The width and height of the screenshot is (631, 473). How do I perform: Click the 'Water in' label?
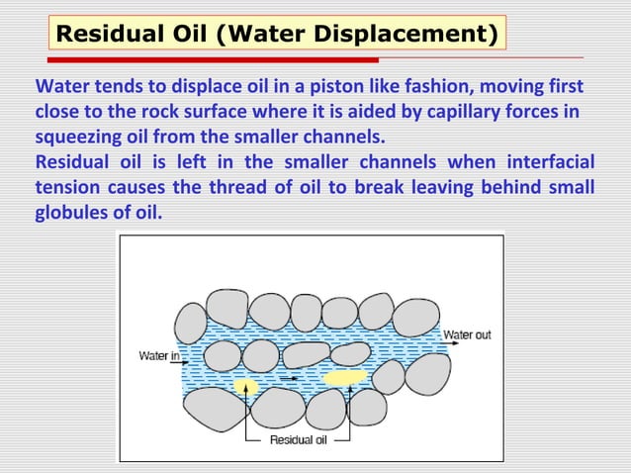click(x=158, y=354)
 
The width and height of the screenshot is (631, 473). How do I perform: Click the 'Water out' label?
click(x=467, y=335)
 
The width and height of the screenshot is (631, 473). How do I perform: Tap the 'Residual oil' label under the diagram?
click(x=298, y=440)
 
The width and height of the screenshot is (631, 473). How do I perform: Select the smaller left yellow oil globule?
click(x=244, y=385)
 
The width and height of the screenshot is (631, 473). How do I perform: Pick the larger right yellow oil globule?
click(x=344, y=377)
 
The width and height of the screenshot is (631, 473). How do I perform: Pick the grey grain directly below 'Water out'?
click(x=428, y=373)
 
